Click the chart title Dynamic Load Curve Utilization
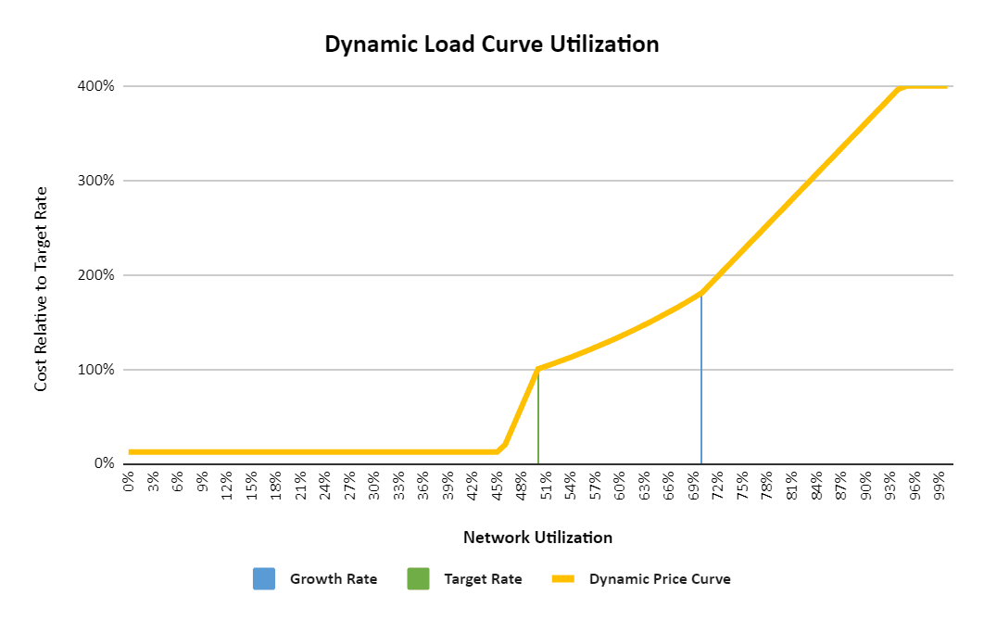click(x=491, y=44)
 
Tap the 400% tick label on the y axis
click(x=95, y=86)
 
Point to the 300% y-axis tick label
click(x=95, y=181)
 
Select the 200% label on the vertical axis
click(x=95, y=275)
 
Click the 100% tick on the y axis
click(x=95, y=370)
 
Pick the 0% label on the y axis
click(x=103, y=463)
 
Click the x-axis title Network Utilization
click(x=537, y=538)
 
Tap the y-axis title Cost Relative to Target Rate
click(x=41, y=287)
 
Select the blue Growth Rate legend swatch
click(x=264, y=579)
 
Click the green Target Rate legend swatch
click(x=418, y=579)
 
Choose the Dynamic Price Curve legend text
click(x=660, y=579)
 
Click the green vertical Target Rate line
click(x=538, y=417)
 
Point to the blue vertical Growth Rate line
click(x=701, y=380)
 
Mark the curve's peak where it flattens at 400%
click(x=899, y=87)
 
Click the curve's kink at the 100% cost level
click(x=538, y=369)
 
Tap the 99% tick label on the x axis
click(x=940, y=486)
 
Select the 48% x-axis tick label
click(x=522, y=486)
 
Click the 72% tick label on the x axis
click(x=718, y=486)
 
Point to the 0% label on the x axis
click(x=129, y=483)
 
